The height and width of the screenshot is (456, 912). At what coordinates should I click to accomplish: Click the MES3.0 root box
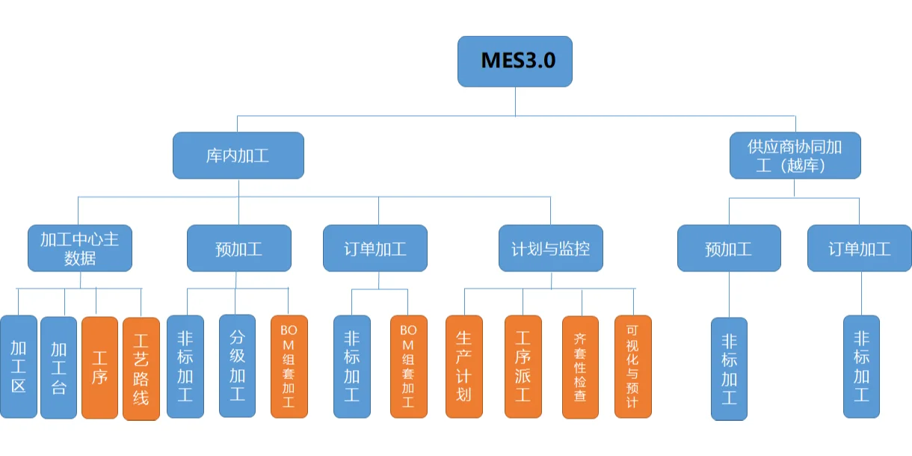[515, 61]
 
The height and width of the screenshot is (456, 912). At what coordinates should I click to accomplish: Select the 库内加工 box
[238, 155]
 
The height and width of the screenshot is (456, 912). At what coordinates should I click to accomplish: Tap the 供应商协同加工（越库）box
[795, 155]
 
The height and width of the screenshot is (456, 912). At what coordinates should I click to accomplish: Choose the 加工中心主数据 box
[80, 248]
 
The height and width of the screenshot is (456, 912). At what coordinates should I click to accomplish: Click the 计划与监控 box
[551, 248]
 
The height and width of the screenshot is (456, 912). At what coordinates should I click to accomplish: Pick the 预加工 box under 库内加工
[238, 248]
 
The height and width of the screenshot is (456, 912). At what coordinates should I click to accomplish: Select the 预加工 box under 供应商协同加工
[729, 248]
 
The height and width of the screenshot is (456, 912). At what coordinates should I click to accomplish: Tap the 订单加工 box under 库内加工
[375, 248]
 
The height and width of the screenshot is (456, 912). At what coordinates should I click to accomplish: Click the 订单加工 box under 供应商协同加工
[860, 248]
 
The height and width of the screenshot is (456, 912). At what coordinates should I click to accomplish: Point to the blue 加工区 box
[19, 366]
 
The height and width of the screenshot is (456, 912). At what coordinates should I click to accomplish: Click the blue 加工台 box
[58, 366]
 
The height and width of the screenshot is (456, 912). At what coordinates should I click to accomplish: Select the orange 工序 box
[99, 367]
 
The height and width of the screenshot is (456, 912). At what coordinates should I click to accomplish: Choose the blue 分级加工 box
[237, 366]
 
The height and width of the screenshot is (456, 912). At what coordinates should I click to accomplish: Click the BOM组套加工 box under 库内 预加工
[289, 366]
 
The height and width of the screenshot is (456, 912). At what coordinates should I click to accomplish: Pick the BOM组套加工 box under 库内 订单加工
[408, 366]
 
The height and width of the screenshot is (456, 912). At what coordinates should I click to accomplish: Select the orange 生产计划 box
[464, 366]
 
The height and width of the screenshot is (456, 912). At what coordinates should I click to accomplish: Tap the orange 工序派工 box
[523, 366]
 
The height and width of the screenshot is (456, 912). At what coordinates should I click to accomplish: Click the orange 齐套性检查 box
[580, 366]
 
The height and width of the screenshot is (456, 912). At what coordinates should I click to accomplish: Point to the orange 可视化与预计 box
[632, 366]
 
